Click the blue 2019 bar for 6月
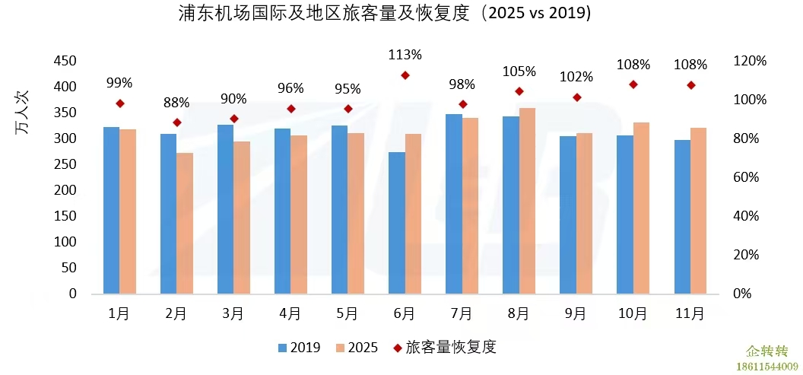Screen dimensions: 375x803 (397, 222)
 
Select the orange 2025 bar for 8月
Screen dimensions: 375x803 (527, 201)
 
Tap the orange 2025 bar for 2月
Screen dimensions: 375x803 (185, 223)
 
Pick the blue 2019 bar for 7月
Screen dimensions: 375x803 (454, 204)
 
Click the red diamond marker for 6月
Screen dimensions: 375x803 (405, 75)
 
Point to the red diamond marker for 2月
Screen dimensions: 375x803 (177, 122)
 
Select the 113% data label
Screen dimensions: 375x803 (405, 55)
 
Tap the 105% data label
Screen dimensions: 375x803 (519, 72)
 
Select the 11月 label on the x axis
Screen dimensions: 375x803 (690, 313)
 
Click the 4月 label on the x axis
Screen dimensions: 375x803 (290, 313)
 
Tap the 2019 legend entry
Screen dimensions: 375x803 (299, 348)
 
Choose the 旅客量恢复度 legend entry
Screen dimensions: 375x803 (444, 348)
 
